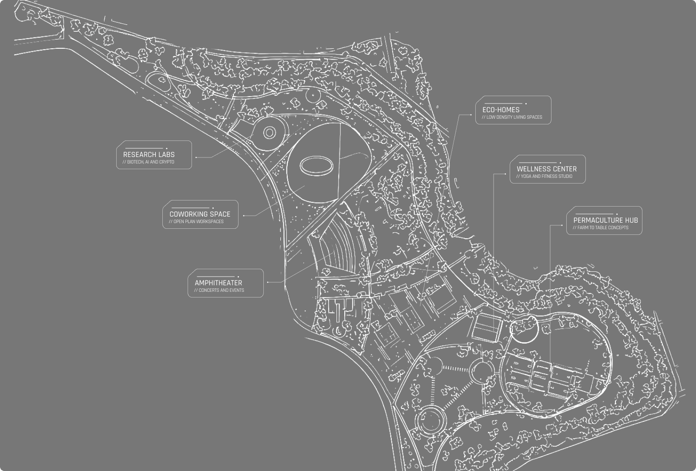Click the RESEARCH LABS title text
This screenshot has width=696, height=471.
[x=149, y=154]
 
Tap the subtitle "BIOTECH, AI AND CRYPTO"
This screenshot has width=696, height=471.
[x=148, y=162]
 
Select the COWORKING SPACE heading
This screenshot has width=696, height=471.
[x=200, y=214]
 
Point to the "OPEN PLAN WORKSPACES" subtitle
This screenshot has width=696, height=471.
[x=196, y=222]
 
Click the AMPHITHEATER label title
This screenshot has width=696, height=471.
[x=219, y=283]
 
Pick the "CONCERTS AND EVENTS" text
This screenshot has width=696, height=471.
[x=219, y=291]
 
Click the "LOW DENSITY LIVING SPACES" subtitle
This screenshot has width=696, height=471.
[x=512, y=117]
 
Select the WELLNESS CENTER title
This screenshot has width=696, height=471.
[x=547, y=169]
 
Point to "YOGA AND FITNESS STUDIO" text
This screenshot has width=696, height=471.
[x=545, y=177]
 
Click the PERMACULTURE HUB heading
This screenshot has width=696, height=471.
[x=605, y=220]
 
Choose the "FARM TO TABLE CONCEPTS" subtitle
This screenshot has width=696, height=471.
[x=601, y=228]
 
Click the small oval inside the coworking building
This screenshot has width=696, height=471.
[x=317, y=166]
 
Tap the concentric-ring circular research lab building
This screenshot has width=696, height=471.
[x=269, y=132]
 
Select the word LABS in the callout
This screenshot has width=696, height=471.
[x=166, y=154]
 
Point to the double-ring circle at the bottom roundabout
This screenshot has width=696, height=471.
[x=430, y=419]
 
